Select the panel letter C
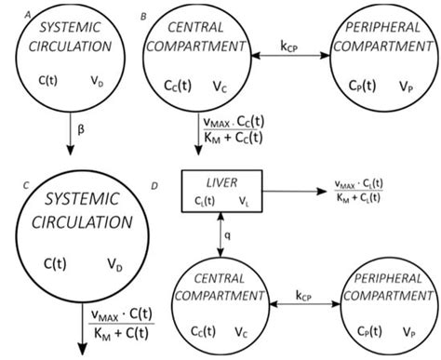click(7, 182)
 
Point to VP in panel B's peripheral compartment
click(404, 82)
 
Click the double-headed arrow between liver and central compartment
click(220, 236)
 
